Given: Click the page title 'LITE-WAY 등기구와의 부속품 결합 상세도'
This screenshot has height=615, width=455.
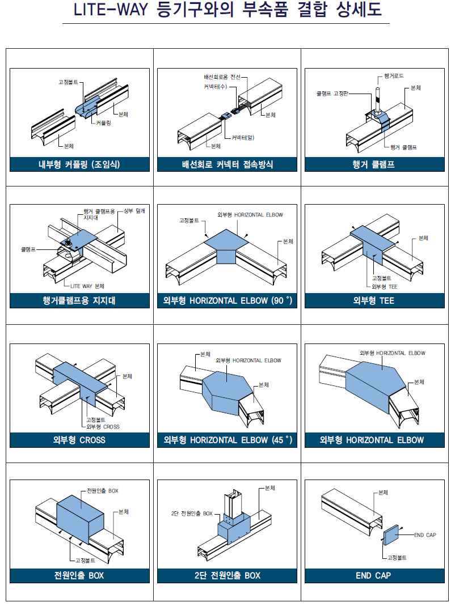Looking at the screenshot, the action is (x=227, y=10).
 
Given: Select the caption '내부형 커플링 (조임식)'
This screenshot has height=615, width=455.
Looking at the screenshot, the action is (x=79, y=164).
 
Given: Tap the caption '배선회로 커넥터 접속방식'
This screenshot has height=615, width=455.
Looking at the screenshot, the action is (x=227, y=164).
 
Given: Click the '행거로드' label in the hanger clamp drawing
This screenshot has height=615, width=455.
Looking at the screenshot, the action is (x=393, y=76).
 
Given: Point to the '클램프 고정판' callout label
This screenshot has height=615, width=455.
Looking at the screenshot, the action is (x=332, y=94).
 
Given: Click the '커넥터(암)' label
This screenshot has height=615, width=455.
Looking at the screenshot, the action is (x=243, y=137).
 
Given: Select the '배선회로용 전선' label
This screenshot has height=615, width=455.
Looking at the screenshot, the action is (x=222, y=77).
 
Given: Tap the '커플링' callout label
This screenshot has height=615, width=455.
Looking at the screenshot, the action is (x=103, y=123).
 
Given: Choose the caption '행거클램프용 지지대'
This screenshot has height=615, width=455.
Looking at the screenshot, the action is (x=79, y=300).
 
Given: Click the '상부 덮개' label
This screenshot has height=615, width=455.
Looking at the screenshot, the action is (x=134, y=211).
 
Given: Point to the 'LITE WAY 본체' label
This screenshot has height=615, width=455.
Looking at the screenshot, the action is (x=87, y=286).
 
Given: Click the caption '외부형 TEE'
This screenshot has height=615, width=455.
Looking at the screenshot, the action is (x=373, y=300).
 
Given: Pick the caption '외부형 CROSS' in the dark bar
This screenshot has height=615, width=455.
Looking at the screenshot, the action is (x=79, y=440).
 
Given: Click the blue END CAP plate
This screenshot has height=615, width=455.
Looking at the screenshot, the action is (x=391, y=535).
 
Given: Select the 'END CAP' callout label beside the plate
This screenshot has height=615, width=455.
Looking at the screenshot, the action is (x=425, y=535).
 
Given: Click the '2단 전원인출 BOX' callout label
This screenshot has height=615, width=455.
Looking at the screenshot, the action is (x=192, y=513).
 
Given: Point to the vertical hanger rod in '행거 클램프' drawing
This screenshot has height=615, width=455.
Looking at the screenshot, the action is (x=378, y=100).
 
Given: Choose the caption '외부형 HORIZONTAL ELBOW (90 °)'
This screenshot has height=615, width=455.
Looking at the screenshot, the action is (x=227, y=300).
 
